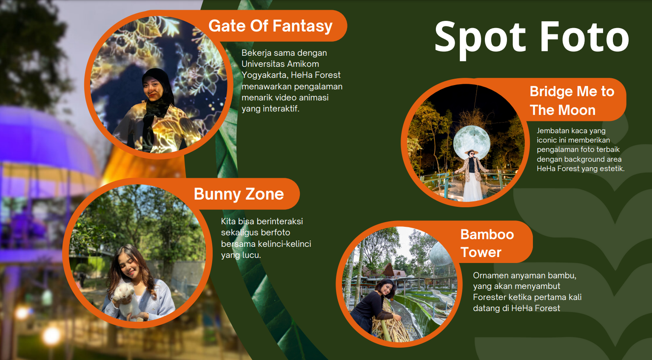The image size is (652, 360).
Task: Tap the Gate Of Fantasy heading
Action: pos(270,26)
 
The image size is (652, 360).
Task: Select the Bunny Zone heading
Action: pos(239,194)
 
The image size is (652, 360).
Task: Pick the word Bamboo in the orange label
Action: pos(487,234)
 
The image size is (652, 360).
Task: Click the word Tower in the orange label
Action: pos(481,252)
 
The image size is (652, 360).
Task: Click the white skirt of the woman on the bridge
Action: pos(472,187)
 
